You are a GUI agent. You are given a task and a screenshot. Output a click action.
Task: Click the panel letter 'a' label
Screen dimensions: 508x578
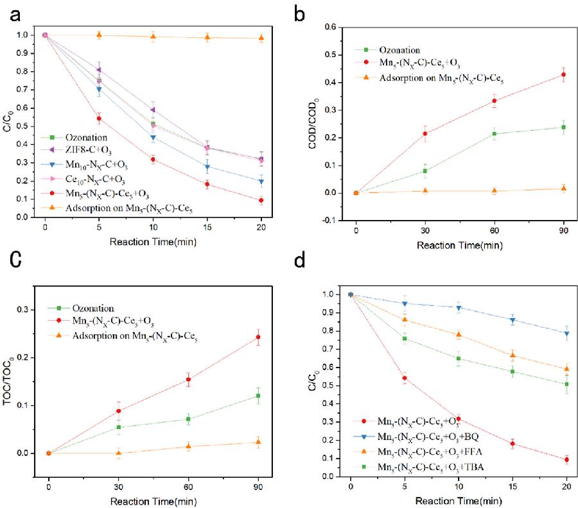(x=15, y=13)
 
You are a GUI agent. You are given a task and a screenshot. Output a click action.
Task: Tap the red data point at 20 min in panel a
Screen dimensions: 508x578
(x=261, y=201)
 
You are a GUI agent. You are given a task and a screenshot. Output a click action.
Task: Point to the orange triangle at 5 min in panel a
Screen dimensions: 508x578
(x=99, y=35)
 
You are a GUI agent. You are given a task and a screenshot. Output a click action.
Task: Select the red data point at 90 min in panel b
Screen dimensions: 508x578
(x=563, y=75)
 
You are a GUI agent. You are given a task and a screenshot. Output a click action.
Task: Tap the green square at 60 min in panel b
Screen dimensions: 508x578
(x=495, y=133)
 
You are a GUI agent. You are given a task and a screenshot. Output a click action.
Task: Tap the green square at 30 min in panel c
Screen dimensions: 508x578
(x=119, y=427)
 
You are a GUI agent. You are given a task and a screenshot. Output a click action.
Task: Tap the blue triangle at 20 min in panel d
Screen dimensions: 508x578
(x=566, y=333)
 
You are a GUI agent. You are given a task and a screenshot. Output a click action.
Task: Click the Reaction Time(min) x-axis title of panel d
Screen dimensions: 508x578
(x=458, y=500)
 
